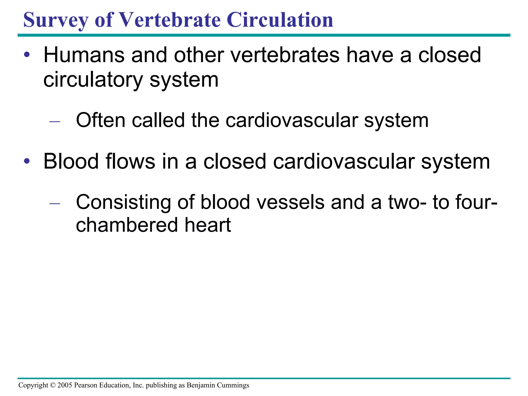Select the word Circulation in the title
[280, 20]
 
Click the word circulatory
[93, 80]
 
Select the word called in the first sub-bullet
[158, 120]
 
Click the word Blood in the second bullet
[71, 162]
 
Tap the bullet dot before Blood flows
[27, 162]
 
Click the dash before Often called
[55, 121]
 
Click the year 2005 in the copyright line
[65, 385]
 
